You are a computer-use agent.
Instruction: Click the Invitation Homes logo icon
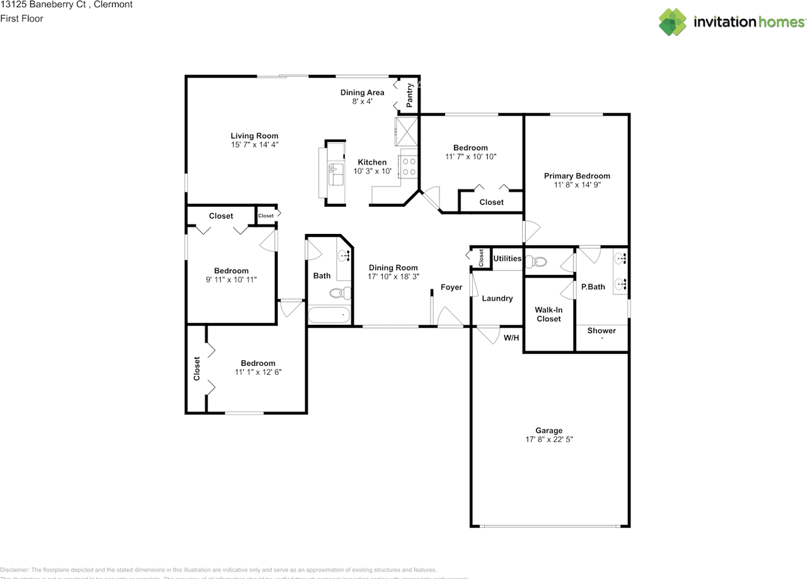tap(673, 21)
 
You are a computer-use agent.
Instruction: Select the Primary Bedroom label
tap(577, 176)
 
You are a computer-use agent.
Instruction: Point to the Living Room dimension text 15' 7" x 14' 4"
tap(254, 144)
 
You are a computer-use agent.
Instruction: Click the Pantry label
tap(410, 95)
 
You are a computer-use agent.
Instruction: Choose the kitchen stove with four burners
tap(409, 167)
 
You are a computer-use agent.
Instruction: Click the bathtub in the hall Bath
tap(328, 314)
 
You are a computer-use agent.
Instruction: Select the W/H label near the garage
tap(511, 337)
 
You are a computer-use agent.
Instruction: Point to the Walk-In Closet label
tap(549, 314)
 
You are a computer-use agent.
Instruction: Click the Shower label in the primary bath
tap(601, 330)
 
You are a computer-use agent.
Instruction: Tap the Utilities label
tap(507, 259)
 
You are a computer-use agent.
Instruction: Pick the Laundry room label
tap(497, 298)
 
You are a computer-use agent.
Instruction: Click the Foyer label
tap(451, 287)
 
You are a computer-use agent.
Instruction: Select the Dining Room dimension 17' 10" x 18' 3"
tap(393, 276)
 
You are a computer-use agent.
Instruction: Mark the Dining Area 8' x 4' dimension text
tap(362, 101)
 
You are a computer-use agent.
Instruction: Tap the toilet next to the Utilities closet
tap(537, 261)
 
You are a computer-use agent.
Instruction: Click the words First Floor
tap(22, 18)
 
